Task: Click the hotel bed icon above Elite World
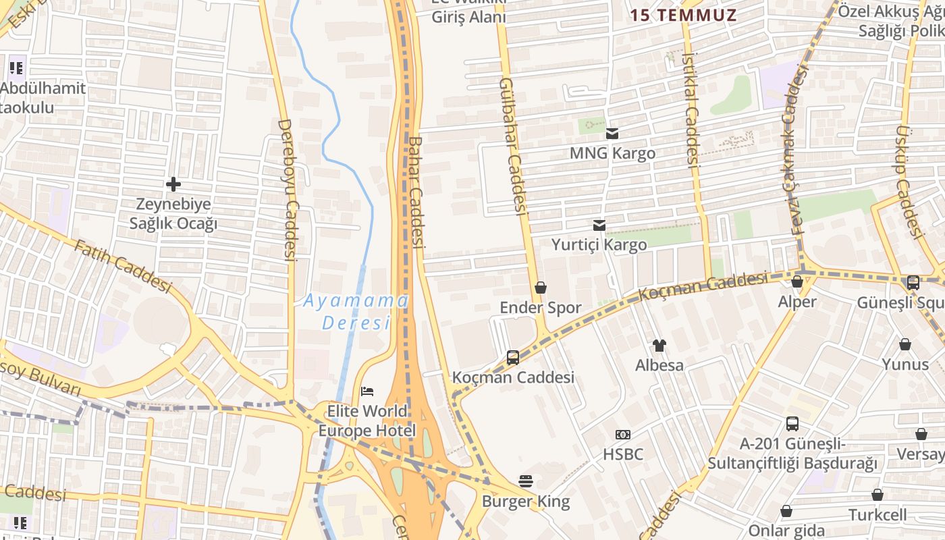click(x=367, y=391)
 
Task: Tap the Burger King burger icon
click(x=526, y=481)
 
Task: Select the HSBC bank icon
click(x=622, y=435)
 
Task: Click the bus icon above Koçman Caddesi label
click(x=513, y=357)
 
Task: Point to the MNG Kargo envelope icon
click(x=612, y=134)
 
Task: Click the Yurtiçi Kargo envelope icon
click(x=599, y=225)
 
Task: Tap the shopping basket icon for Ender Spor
click(x=540, y=288)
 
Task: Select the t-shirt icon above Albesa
click(x=659, y=346)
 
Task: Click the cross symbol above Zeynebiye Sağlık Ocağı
click(x=173, y=184)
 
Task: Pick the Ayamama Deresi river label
click(x=356, y=311)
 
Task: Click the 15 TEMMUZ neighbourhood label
click(x=683, y=14)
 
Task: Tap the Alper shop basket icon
click(x=797, y=281)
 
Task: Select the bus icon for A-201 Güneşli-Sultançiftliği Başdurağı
click(x=792, y=424)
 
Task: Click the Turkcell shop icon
click(x=878, y=495)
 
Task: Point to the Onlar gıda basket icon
click(x=786, y=511)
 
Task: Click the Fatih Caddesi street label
click(x=123, y=266)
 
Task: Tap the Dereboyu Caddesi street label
click(x=288, y=190)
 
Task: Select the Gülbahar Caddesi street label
click(x=512, y=146)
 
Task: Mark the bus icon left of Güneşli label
click(x=913, y=283)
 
